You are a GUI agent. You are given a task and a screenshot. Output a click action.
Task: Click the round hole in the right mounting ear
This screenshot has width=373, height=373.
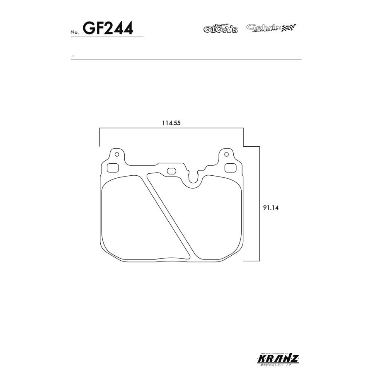(226, 155)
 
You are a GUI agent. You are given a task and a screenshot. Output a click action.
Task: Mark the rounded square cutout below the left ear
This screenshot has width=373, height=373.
(113, 168)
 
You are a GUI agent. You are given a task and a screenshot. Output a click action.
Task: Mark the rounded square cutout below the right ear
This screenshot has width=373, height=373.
(230, 168)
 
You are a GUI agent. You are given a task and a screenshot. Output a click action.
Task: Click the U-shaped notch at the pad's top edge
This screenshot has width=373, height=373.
(194, 179)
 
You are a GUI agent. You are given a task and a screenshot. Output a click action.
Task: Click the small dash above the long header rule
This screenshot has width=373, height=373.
(73, 56)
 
